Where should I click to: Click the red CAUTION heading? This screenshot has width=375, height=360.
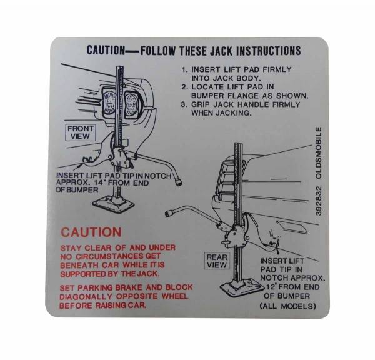click(91, 232)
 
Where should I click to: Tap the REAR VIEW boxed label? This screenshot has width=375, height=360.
click(216, 261)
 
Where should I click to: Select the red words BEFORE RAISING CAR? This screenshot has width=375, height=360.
click(104, 306)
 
